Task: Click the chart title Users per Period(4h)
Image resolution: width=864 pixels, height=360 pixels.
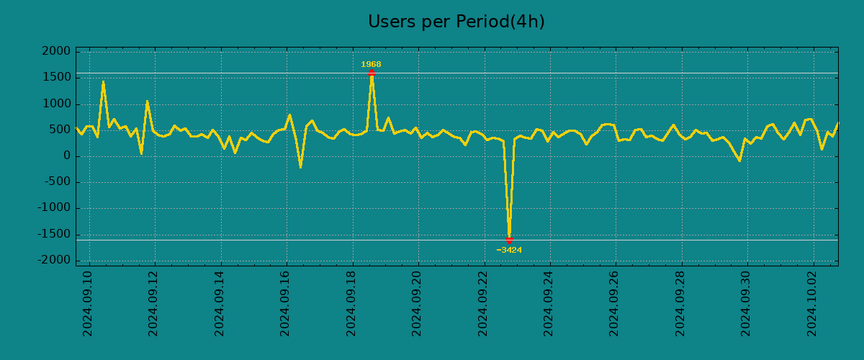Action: coord(456,22)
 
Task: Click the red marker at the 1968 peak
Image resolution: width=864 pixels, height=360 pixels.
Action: coord(372,73)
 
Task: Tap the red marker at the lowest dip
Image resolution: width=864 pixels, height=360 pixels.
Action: coord(509,240)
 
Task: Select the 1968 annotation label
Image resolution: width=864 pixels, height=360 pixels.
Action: coord(371,64)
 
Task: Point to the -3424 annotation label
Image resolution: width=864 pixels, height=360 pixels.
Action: coord(509,251)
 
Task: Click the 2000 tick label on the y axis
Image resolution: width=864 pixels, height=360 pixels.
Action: coord(57,52)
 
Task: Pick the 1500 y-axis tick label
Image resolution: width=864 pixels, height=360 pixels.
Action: coord(57,78)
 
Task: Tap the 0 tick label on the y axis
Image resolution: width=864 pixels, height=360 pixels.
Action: coord(66,156)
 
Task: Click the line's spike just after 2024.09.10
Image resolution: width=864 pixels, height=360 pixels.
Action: coord(103,82)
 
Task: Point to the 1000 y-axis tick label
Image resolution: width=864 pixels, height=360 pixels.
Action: coord(57,104)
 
